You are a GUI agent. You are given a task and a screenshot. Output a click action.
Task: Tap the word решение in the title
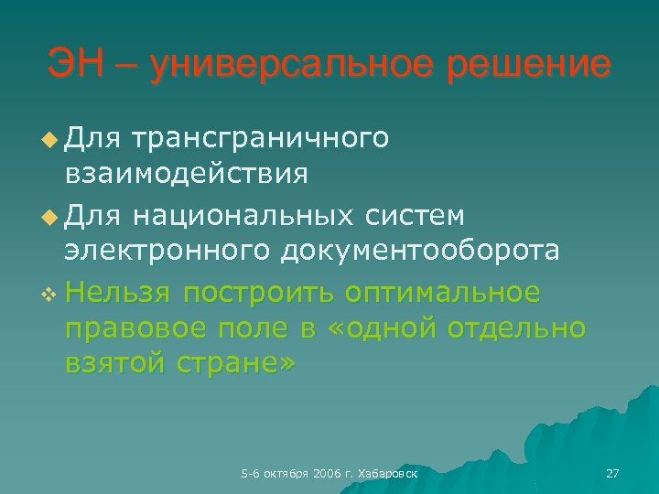pyautogui.click(x=530, y=65)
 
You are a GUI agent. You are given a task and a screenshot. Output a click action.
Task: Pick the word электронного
pyautogui.click(x=168, y=251)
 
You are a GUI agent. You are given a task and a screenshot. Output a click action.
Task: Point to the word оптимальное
pyautogui.click(x=443, y=293)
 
